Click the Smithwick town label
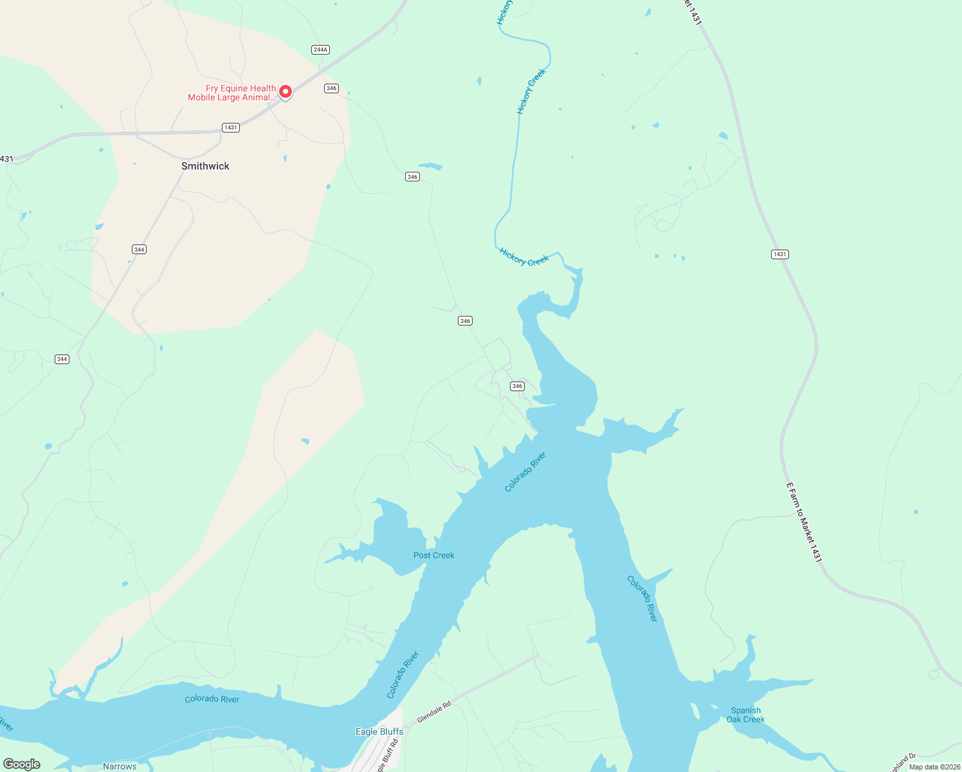(x=205, y=166)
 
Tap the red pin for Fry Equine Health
(x=285, y=92)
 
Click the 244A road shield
(x=320, y=50)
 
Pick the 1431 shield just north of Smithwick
(x=231, y=127)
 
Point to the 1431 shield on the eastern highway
(x=779, y=254)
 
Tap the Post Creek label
(x=433, y=555)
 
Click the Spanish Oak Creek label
(x=745, y=715)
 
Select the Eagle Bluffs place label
(x=379, y=731)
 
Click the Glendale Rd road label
(x=434, y=712)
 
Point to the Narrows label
(x=120, y=766)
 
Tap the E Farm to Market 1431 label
(x=804, y=523)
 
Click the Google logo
(x=22, y=764)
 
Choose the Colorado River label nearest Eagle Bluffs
(x=403, y=675)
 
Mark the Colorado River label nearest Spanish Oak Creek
(x=642, y=598)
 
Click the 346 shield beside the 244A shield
(x=331, y=88)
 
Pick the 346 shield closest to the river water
(x=517, y=386)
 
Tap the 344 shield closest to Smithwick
(x=139, y=249)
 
